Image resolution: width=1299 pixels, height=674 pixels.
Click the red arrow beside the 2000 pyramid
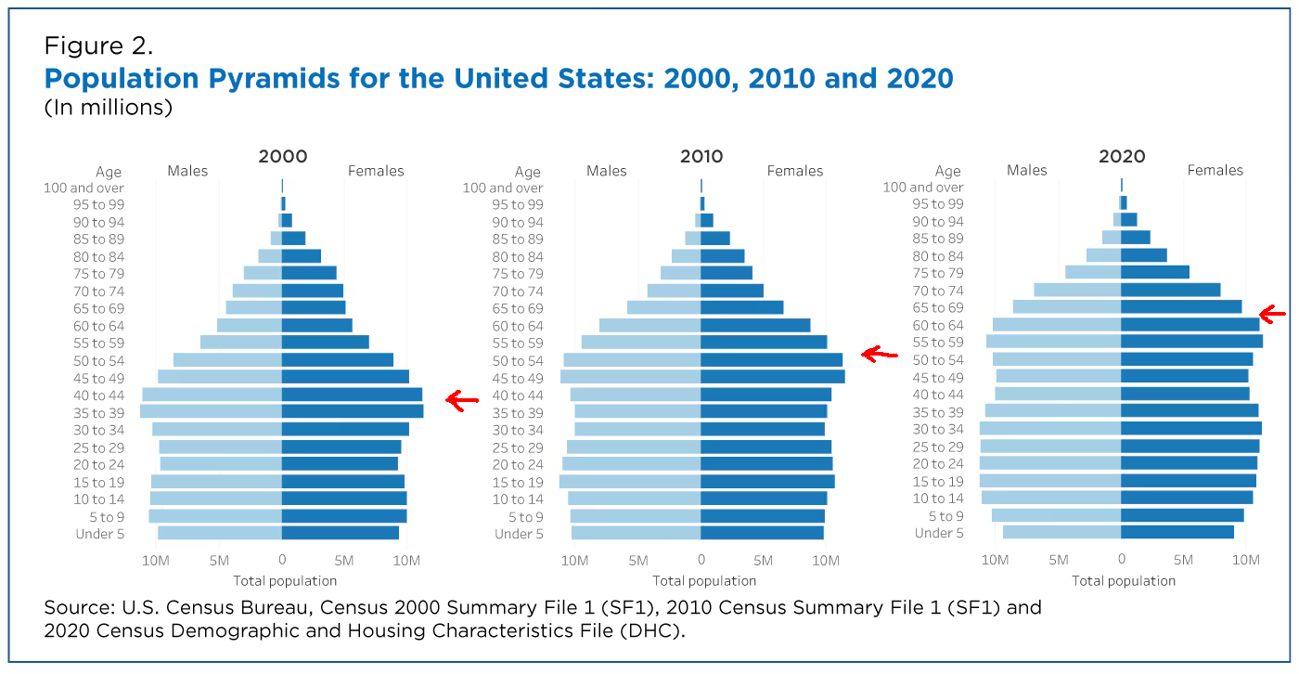(461, 400)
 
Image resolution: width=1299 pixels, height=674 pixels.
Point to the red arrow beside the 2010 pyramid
(880, 354)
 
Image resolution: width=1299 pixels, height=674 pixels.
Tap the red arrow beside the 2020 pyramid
(1272, 315)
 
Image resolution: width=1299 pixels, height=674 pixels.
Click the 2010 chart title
(702, 157)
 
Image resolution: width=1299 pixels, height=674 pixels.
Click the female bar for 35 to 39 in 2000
(353, 411)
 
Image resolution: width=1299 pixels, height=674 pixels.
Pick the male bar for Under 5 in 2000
(220, 533)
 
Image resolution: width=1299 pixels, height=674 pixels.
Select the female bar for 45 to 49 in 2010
(773, 377)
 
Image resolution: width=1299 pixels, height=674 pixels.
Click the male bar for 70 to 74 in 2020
(1078, 290)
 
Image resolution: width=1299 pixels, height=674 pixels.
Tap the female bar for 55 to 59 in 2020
(1191, 342)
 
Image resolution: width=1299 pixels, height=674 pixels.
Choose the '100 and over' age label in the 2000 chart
(84, 188)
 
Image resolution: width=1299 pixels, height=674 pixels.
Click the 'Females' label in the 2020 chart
(1215, 170)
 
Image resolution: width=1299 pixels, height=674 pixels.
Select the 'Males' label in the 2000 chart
(187, 171)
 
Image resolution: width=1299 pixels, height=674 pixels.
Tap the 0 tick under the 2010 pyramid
(701, 561)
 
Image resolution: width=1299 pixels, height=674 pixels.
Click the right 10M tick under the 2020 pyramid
(1245, 560)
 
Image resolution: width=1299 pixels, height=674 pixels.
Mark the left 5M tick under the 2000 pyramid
(219, 561)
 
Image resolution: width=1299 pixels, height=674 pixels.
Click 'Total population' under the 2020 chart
(1124, 581)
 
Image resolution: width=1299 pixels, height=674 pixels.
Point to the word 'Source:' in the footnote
(76, 609)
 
